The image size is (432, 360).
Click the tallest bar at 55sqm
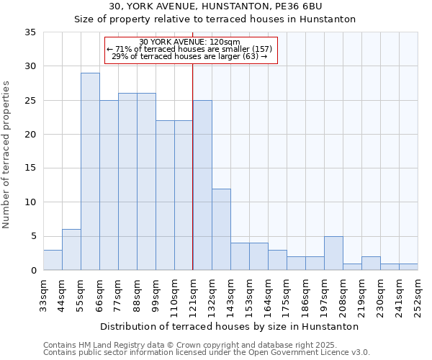click(90, 171)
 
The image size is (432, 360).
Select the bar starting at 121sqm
click(202, 185)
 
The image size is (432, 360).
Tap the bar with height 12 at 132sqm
click(221, 229)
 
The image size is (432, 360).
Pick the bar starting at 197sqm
click(333, 253)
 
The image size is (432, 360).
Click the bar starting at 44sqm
click(71, 250)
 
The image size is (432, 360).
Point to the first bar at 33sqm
click(53, 260)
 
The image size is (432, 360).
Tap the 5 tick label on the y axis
click(33, 236)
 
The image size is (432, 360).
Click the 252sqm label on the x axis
click(418, 295)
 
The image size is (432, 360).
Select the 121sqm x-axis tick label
click(193, 295)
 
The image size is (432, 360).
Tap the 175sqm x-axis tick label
click(287, 295)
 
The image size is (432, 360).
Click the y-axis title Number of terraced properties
click(8, 154)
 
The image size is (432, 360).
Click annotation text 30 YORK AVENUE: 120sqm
click(190, 42)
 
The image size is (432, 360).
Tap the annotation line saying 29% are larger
click(190, 56)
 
